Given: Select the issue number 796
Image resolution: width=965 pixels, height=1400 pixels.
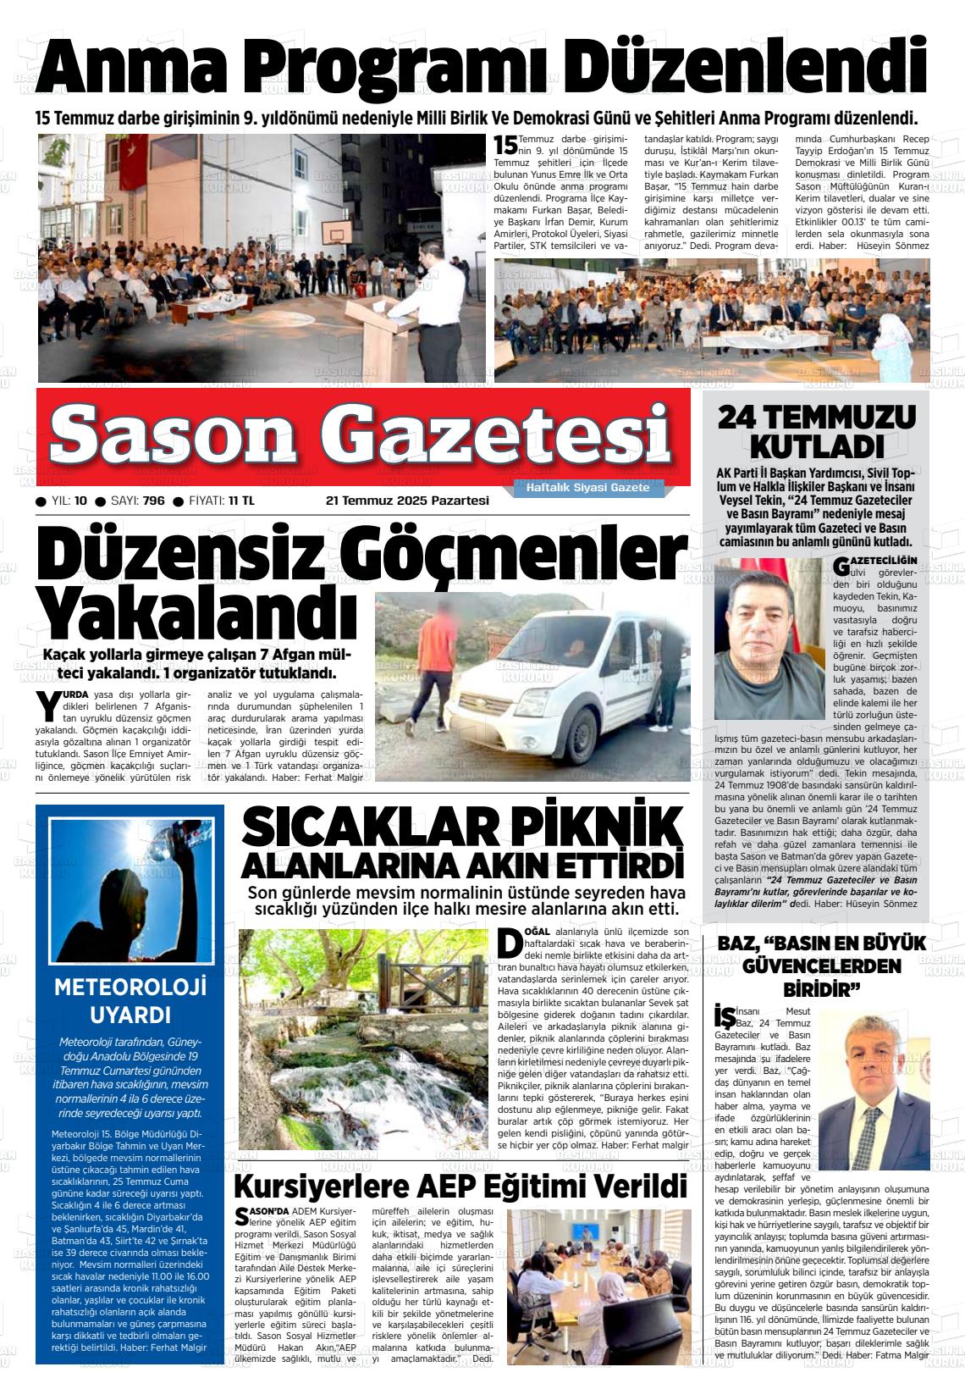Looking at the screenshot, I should pyautogui.click(x=153, y=501).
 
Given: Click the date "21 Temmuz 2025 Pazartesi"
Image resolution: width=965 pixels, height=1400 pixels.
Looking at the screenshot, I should pyautogui.click(x=407, y=501).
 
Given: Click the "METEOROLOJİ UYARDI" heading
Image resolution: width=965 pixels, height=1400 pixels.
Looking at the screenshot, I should pyautogui.click(x=130, y=1000).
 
